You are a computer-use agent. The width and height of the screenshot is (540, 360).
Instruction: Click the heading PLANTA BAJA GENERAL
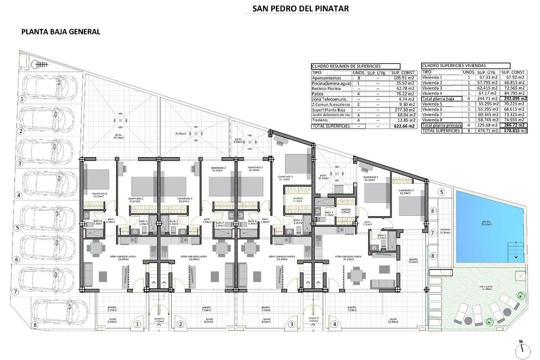tap(60, 32)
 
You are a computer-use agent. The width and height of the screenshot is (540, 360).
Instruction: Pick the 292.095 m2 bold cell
tap(513, 99)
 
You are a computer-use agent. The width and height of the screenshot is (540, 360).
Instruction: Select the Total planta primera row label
tap(441, 126)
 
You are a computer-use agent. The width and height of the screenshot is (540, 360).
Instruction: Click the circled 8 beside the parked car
tap(35, 324)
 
